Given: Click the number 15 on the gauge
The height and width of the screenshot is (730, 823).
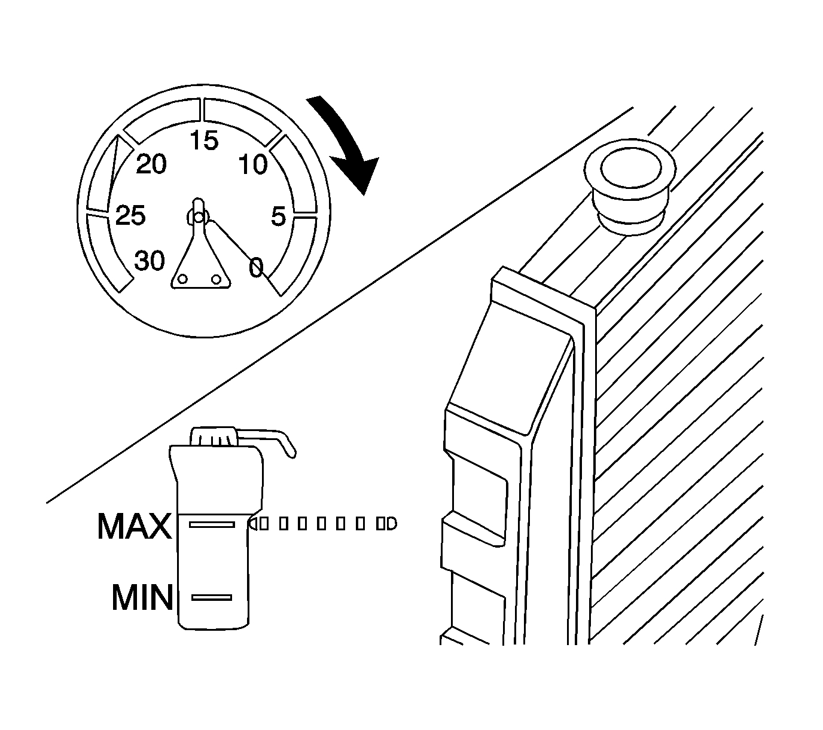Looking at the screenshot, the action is click(x=204, y=141).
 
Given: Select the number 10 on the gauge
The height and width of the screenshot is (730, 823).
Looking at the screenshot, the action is click(x=253, y=164).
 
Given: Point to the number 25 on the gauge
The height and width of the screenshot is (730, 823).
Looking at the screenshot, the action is click(x=130, y=216).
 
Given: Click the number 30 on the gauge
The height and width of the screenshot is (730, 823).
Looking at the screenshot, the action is click(x=150, y=261).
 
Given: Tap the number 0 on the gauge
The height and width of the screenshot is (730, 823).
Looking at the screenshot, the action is click(x=256, y=267).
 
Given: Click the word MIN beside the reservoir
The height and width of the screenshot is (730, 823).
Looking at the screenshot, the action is click(x=142, y=597).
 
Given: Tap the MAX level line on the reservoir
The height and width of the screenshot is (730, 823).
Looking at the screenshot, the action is click(x=212, y=524).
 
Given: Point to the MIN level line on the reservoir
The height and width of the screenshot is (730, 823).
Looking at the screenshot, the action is click(x=211, y=597).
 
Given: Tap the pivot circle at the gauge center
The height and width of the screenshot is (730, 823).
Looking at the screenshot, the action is click(x=198, y=216).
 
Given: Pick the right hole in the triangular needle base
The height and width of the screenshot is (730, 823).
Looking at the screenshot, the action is click(x=217, y=279).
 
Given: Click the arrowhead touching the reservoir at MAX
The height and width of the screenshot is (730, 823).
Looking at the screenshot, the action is click(x=253, y=524).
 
